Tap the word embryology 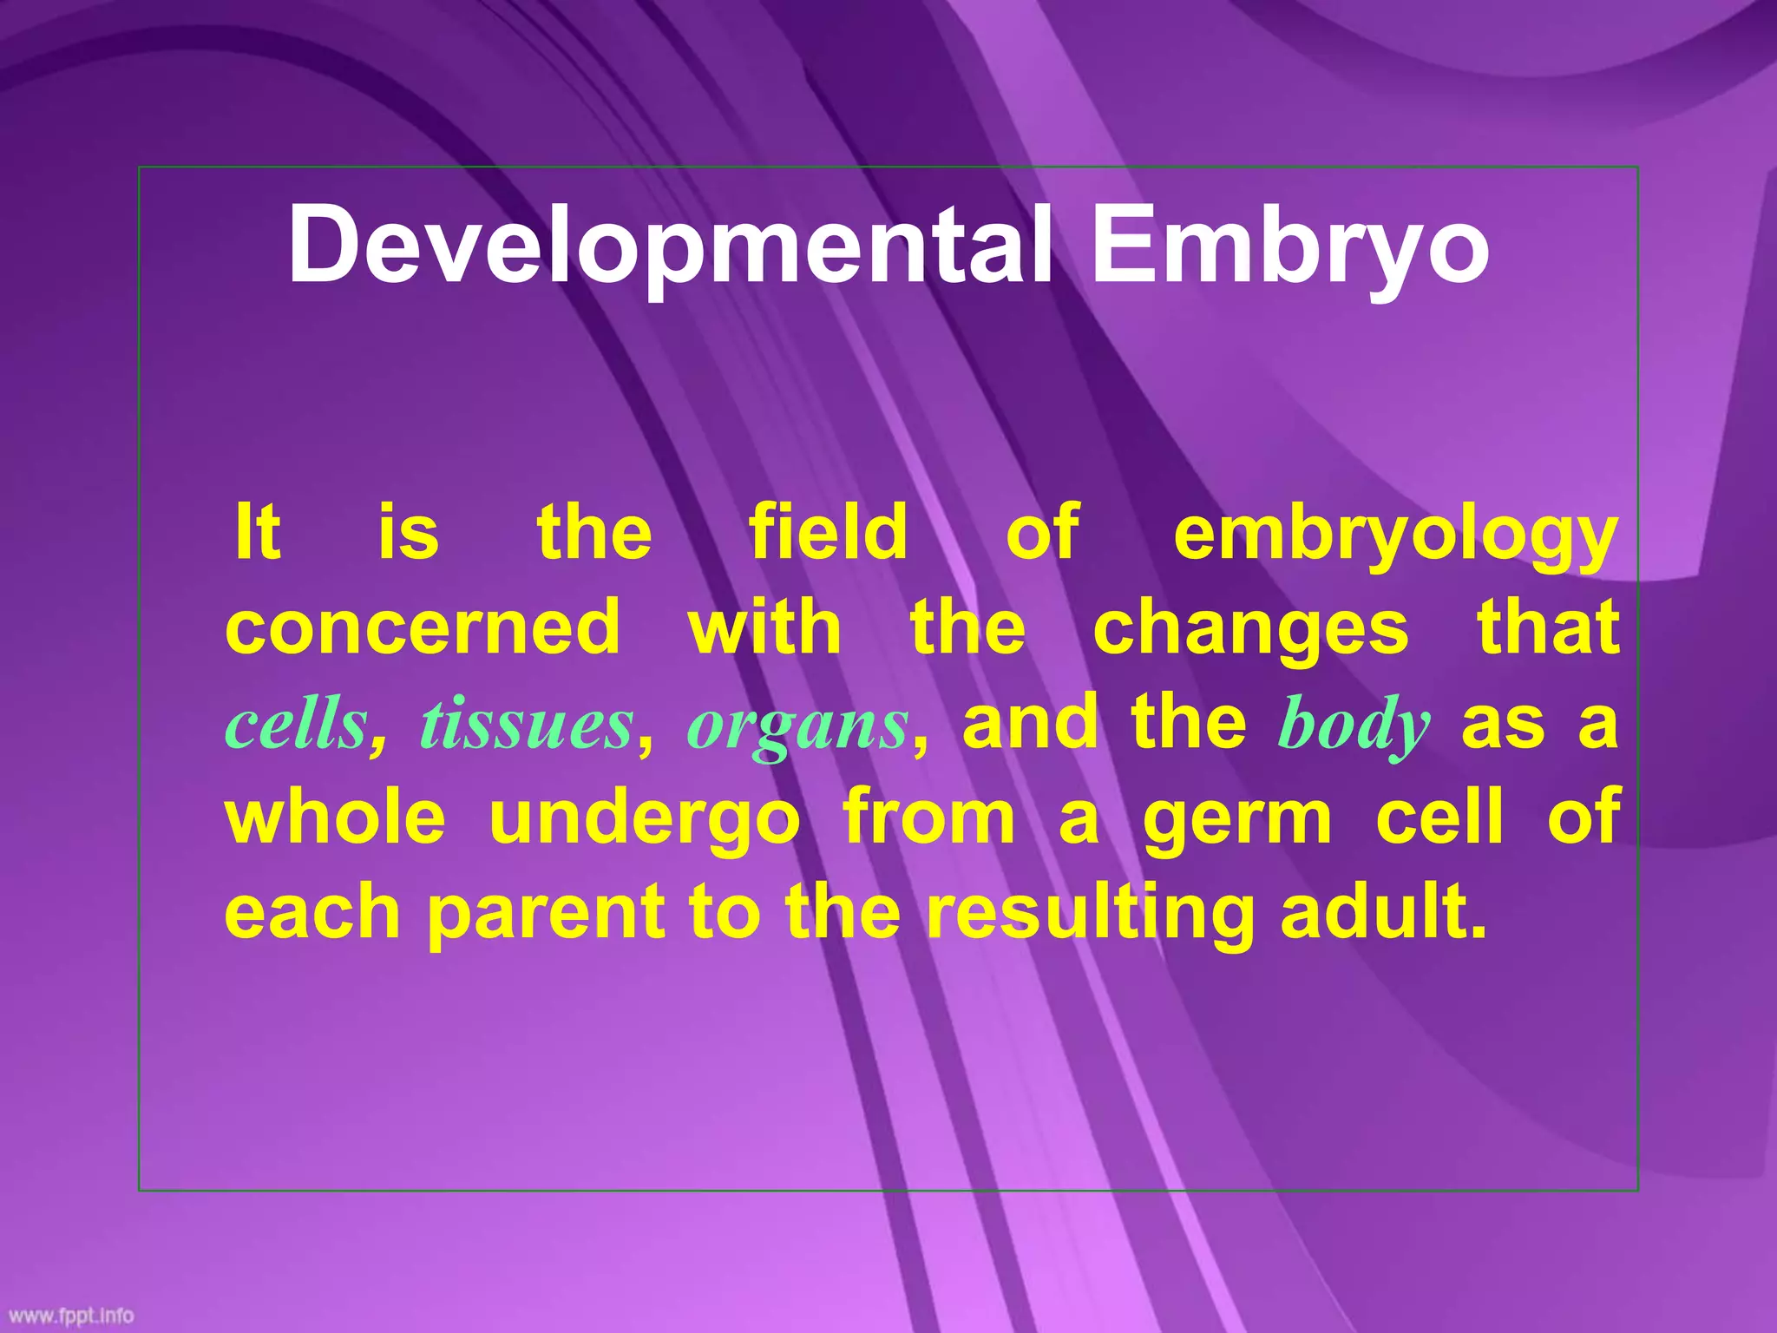coord(1394,534)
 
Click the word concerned coord(423,627)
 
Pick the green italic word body coord(1353,726)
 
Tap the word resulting coord(1090,913)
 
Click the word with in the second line coord(764,627)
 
